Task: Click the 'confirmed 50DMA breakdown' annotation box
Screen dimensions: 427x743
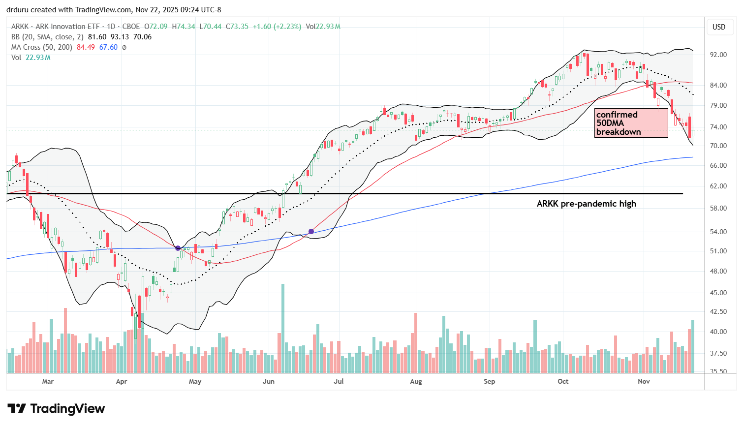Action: point(631,123)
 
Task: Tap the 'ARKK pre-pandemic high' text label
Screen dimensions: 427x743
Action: point(586,204)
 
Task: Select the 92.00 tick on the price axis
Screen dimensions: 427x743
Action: point(718,55)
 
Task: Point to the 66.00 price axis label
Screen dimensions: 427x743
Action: point(718,165)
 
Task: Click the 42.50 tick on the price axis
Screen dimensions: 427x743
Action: point(718,311)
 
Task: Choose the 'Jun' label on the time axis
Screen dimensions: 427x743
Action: point(269,381)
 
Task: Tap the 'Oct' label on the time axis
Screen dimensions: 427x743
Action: point(563,381)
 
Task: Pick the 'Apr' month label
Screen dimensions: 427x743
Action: point(122,381)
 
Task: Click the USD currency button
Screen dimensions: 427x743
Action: point(719,27)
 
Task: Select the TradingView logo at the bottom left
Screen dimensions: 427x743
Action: point(56,409)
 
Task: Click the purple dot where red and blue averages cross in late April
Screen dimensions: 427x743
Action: point(178,248)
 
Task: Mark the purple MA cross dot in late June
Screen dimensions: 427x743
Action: point(311,231)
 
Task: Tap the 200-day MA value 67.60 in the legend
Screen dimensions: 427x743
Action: point(108,47)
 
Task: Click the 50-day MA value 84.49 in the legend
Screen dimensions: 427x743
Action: point(85,47)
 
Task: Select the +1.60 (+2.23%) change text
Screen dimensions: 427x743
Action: point(277,27)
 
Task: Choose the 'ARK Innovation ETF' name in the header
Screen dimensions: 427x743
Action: point(67,27)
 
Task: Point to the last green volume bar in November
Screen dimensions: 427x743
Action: point(693,346)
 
